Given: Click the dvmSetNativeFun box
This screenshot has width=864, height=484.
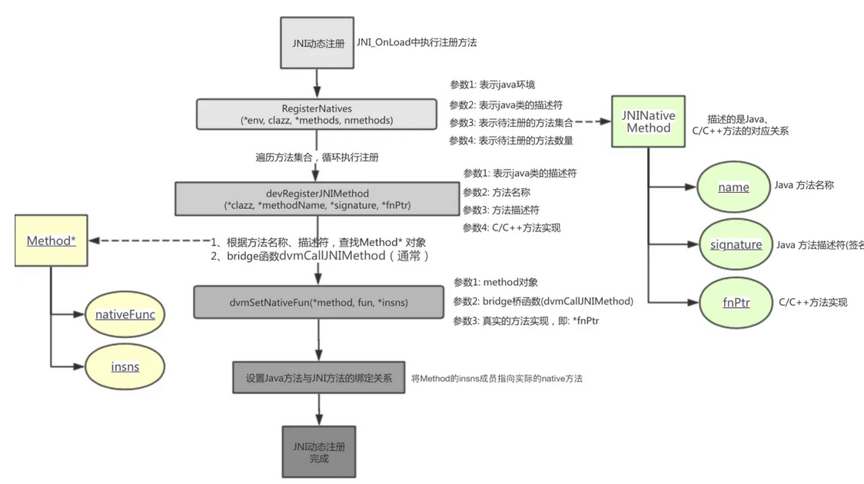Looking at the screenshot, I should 318,302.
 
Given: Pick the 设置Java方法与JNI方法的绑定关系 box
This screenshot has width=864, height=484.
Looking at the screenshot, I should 318,378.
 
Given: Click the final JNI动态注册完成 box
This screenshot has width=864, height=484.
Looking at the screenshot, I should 318,452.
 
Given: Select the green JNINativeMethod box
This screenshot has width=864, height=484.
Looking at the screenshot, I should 648,121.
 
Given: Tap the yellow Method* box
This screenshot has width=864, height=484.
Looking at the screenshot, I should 51,240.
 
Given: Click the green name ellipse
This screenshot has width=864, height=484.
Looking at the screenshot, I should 733,187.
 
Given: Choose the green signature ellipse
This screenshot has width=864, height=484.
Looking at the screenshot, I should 736,244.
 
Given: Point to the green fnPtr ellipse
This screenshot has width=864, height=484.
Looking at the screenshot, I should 736,302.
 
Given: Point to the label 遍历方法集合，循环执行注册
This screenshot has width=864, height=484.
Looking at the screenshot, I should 317,157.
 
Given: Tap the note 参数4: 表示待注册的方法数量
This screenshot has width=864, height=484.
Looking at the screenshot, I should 510,141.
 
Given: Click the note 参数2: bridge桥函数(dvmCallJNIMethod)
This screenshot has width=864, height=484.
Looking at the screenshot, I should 543,301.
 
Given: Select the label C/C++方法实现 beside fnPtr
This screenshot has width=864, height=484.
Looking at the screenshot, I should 812,302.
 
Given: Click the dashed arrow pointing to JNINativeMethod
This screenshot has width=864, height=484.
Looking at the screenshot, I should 592,121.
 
